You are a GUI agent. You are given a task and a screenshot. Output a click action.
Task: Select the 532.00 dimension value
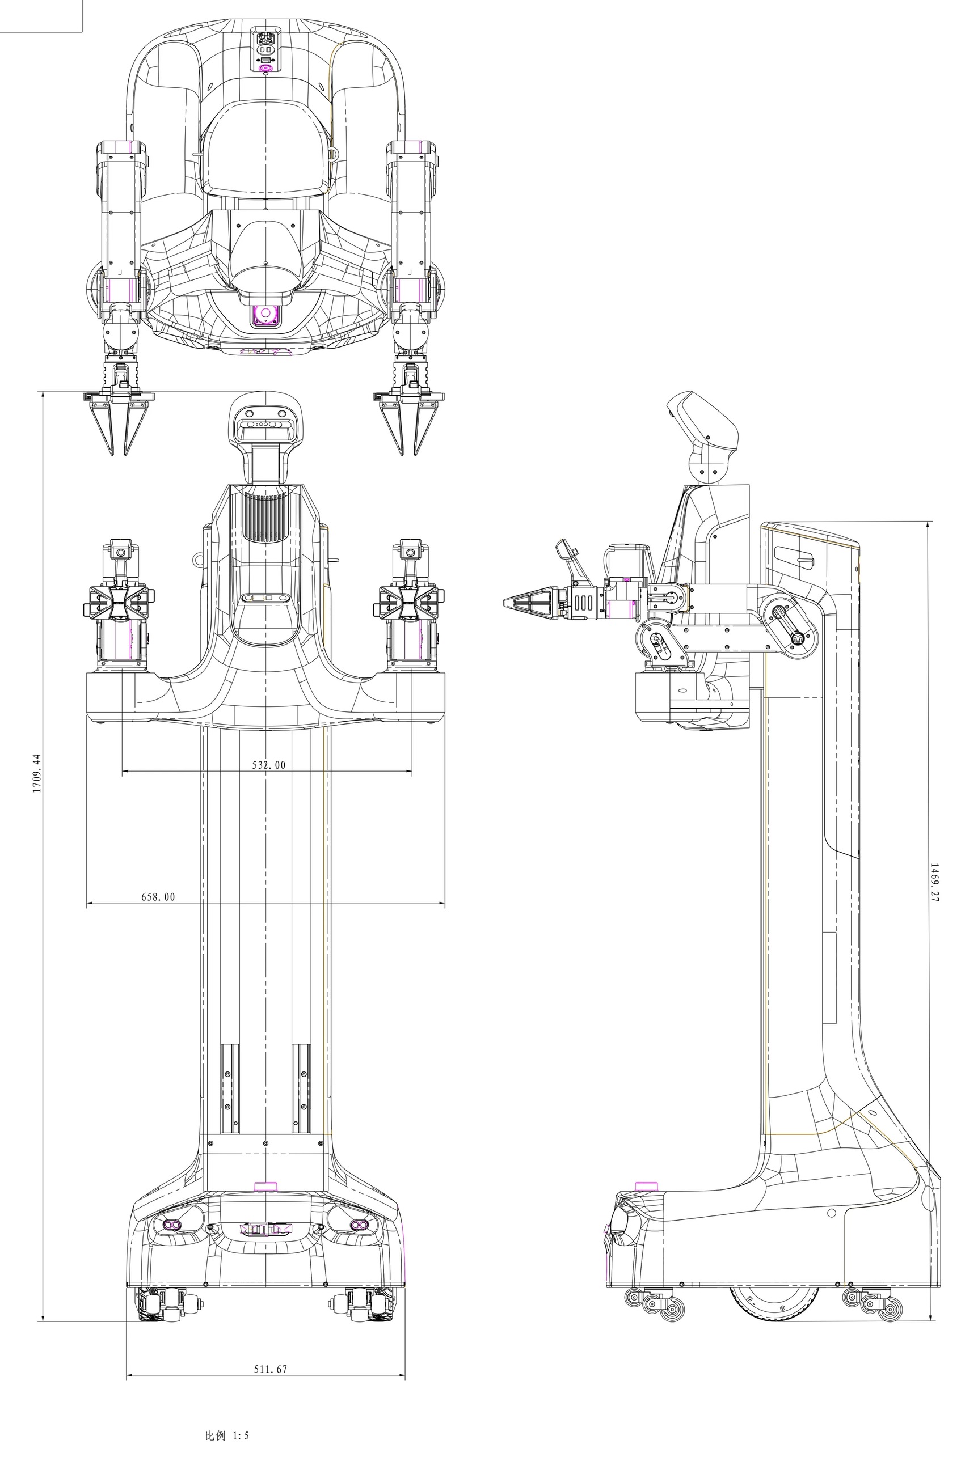(269, 765)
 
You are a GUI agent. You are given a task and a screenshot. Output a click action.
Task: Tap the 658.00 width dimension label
(158, 897)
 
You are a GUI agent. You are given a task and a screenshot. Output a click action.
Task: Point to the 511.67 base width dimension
(271, 1369)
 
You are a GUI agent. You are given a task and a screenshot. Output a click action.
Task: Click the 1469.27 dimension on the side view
(934, 883)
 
